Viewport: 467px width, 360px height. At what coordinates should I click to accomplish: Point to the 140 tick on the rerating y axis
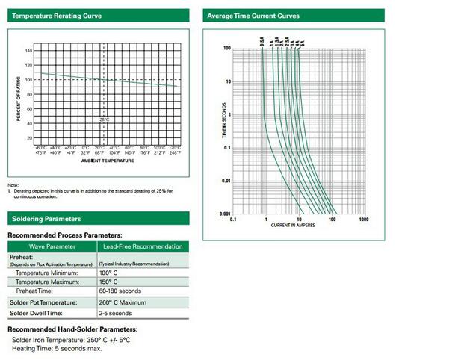28,51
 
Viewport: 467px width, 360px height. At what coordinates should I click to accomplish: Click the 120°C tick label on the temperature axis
174,148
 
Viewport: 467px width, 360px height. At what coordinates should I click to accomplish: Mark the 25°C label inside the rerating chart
105,120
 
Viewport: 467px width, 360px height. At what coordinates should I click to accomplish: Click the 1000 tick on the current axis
363,220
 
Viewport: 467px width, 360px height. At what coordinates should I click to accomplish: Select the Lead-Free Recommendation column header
143,246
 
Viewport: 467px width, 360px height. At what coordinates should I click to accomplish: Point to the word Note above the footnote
13,185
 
